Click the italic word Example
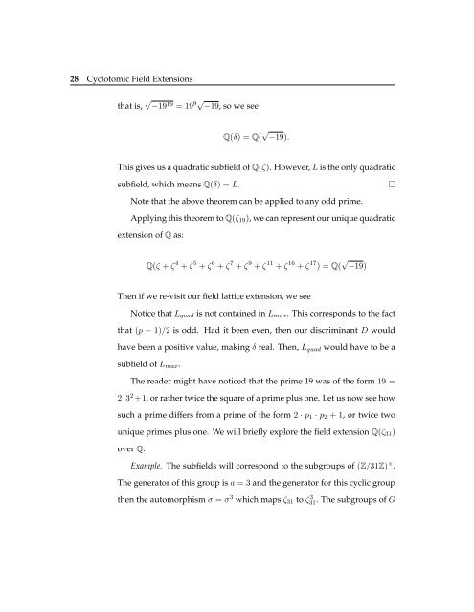click(x=150, y=552)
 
